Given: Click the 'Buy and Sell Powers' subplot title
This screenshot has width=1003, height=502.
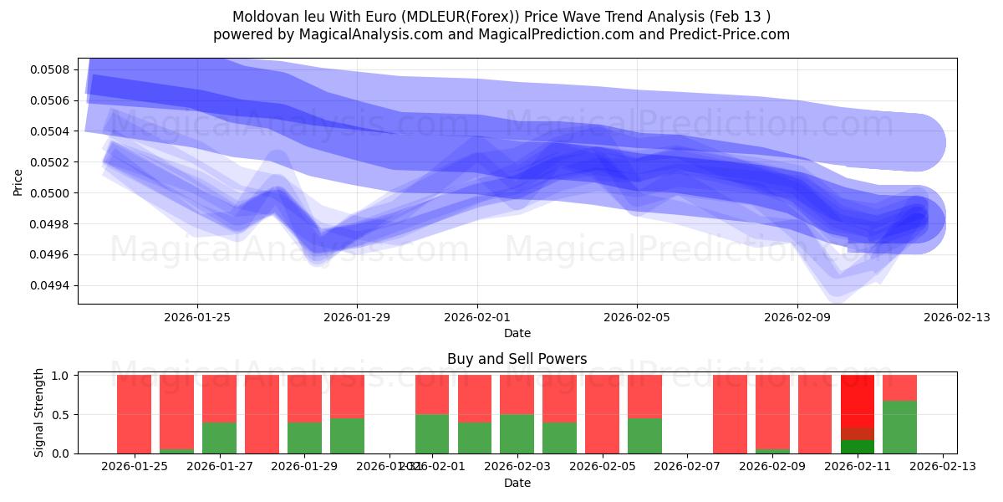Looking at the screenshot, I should pos(517,359).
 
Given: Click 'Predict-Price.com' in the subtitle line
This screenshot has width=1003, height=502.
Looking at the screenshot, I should pos(730,34).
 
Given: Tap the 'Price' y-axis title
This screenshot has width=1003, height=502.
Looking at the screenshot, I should pos(18,182).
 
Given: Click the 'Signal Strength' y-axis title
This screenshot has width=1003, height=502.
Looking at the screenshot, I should pos(39,413).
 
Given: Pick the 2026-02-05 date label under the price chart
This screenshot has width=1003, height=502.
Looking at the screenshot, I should pos(637,317).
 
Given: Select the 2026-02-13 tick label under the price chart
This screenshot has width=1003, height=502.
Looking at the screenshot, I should pos(956,317).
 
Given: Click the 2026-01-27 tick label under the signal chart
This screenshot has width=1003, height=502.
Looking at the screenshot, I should pos(219,467).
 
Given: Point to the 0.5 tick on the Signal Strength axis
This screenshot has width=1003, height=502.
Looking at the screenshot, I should pos(62,414).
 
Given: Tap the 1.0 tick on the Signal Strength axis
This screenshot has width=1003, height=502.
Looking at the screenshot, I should pos(62,376).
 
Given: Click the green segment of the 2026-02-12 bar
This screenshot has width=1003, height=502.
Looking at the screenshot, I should pos(899,428).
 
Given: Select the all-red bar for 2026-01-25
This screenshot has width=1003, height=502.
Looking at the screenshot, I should pos(134,414).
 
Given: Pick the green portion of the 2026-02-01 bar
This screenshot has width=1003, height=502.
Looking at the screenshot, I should pos(432,434).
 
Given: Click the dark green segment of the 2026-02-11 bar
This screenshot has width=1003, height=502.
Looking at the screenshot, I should pos(857,447).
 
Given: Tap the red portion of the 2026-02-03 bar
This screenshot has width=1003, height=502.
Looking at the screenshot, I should pos(517,394).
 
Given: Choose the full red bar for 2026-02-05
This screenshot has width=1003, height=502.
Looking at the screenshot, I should pos(603,414).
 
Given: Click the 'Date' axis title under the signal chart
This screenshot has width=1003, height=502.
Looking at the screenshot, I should pos(517,483).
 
